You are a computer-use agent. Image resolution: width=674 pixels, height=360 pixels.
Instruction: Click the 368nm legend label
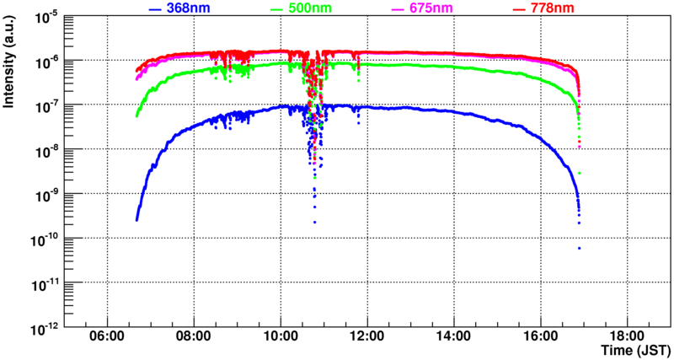(188, 8)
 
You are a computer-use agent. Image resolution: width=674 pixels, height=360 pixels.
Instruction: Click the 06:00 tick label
(107, 336)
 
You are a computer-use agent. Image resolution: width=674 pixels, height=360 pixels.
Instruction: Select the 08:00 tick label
(194, 336)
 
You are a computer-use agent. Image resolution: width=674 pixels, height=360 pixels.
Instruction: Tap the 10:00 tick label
(281, 336)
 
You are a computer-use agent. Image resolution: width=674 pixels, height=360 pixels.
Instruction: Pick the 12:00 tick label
(367, 336)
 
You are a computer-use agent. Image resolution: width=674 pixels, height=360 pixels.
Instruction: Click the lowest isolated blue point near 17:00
(580, 248)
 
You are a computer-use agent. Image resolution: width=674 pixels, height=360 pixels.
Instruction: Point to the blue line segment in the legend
(154, 9)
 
